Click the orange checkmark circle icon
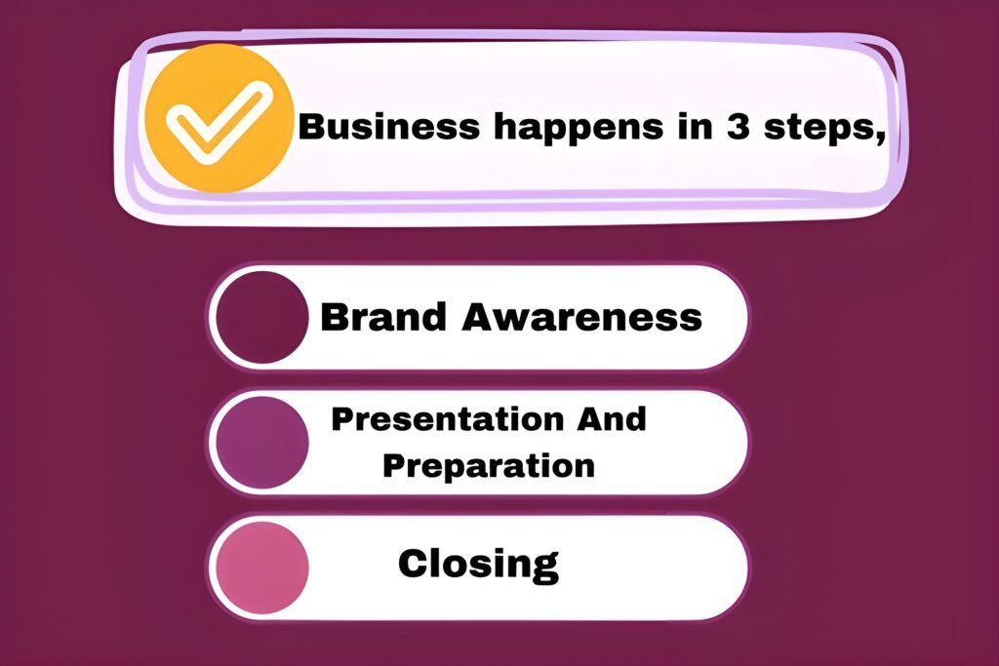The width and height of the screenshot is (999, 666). pyautogui.click(x=220, y=118)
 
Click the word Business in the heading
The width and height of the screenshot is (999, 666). pyautogui.click(x=388, y=126)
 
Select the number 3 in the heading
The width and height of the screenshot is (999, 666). pyautogui.click(x=738, y=126)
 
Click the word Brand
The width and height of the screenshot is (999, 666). pyautogui.click(x=382, y=317)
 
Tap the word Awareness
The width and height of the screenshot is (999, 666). pyautogui.click(x=581, y=317)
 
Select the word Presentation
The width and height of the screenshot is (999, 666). pyautogui.click(x=447, y=419)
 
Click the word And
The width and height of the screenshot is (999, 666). pyautogui.click(x=612, y=419)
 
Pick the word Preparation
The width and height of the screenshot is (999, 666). pyautogui.click(x=489, y=466)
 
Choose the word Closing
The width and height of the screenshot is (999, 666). pyautogui.click(x=478, y=565)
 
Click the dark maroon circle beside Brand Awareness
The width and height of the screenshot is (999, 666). pyautogui.click(x=261, y=317)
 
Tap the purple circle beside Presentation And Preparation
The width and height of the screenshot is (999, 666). pyautogui.click(x=261, y=443)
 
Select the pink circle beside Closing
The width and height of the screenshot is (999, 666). pyautogui.click(x=261, y=568)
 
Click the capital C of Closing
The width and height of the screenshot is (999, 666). pyautogui.click(x=414, y=563)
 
